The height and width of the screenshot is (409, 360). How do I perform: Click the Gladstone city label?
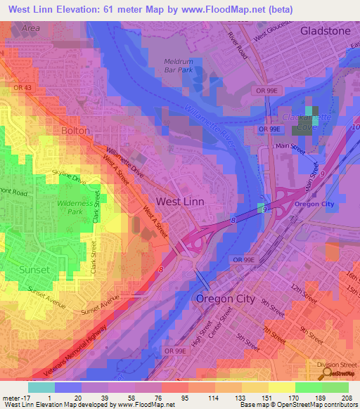point(325,31)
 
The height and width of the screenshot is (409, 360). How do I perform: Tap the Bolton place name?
point(75,131)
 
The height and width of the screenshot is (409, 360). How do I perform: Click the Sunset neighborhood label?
point(34,270)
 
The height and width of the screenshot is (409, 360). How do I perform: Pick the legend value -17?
point(15,397)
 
